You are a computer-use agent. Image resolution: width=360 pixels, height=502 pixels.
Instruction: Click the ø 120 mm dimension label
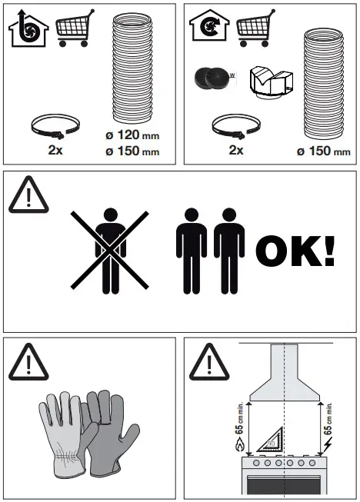point(132,136)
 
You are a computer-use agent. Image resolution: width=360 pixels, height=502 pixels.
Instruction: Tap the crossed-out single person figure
point(108,248)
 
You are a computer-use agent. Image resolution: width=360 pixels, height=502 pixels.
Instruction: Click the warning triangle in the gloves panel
point(29,359)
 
